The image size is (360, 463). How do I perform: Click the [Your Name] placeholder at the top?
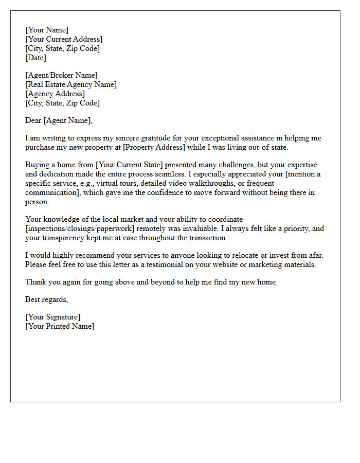click(x=47, y=30)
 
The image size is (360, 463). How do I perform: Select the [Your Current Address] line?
click(x=64, y=39)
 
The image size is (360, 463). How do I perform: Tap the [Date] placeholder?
click(x=35, y=58)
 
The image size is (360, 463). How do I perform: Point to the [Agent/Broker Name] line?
click(x=61, y=75)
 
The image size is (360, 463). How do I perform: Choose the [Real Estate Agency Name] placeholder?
click(x=71, y=84)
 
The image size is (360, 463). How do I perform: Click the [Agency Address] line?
click(x=55, y=94)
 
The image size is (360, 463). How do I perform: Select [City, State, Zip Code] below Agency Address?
click(x=62, y=103)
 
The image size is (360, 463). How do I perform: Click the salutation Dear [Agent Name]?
click(x=59, y=120)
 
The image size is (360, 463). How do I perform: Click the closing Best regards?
click(x=46, y=299)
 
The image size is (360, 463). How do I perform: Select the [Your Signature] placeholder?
click(x=52, y=317)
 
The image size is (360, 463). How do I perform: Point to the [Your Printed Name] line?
click(x=60, y=326)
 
